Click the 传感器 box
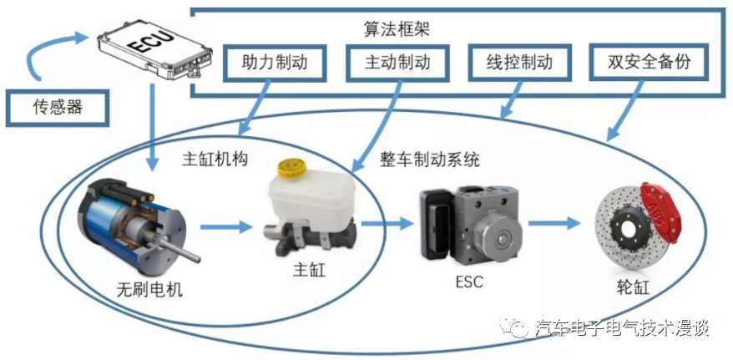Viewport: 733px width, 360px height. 58,107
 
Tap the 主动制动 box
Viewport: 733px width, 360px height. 397,62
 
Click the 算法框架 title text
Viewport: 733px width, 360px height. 397,27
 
